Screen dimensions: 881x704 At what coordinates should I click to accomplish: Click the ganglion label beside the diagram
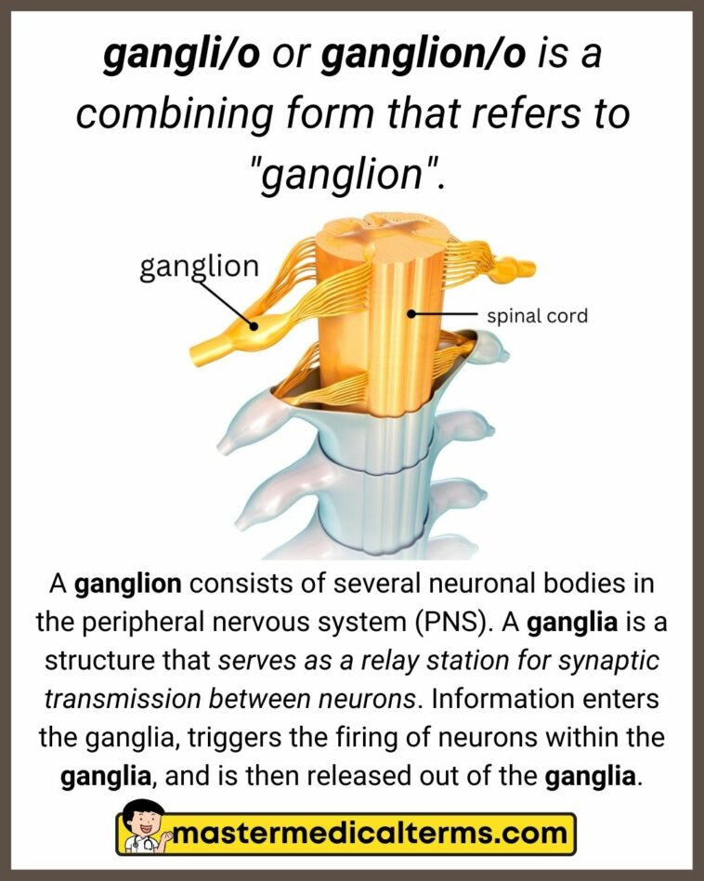click(199, 266)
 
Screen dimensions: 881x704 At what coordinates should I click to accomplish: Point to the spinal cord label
click(538, 316)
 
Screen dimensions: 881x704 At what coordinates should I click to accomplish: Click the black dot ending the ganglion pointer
click(253, 325)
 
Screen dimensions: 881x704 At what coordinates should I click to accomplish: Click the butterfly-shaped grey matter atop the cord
click(372, 228)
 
